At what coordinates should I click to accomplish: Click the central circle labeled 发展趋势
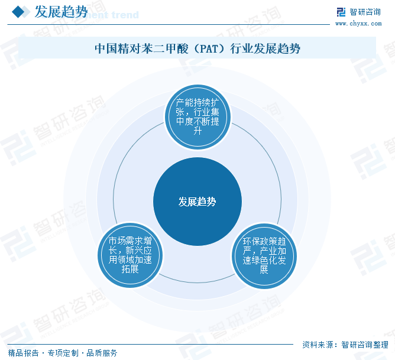(x=197, y=202)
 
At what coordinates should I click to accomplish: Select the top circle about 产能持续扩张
(x=197, y=116)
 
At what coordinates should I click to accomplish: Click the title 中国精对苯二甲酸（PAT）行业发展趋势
(x=197, y=48)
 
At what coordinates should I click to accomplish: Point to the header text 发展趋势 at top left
(x=61, y=12)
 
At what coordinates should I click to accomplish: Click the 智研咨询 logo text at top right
(x=365, y=12)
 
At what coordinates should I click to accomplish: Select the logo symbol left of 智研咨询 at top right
(x=341, y=12)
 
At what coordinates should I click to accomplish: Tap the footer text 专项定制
(x=63, y=353)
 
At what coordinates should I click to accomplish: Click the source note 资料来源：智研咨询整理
(x=345, y=345)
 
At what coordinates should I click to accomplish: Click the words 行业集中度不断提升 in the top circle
(x=198, y=121)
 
